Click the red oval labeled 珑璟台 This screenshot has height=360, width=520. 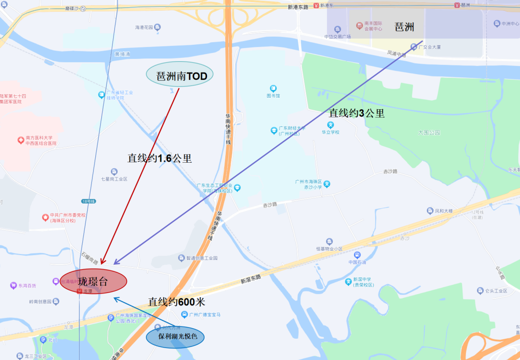pyautogui.click(x=93, y=282)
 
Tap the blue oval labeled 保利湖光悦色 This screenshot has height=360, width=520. pyautogui.click(x=175, y=336)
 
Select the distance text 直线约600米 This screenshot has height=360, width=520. pyautogui.click(x=176, y=302)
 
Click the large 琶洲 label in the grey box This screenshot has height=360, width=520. pyautogui.click(x=404, y=27)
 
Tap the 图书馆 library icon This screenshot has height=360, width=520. pyautogui.click(x=273, y=89)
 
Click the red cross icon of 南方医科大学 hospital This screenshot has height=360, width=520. pyautogui.click(x=21, y=140)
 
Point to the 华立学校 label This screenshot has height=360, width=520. pyautogui.click(x=331, y=132)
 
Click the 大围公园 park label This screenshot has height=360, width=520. pyautogui.click(x=429, y=132)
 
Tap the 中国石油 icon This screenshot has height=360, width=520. pyautogui.click(x=357, y=255)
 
